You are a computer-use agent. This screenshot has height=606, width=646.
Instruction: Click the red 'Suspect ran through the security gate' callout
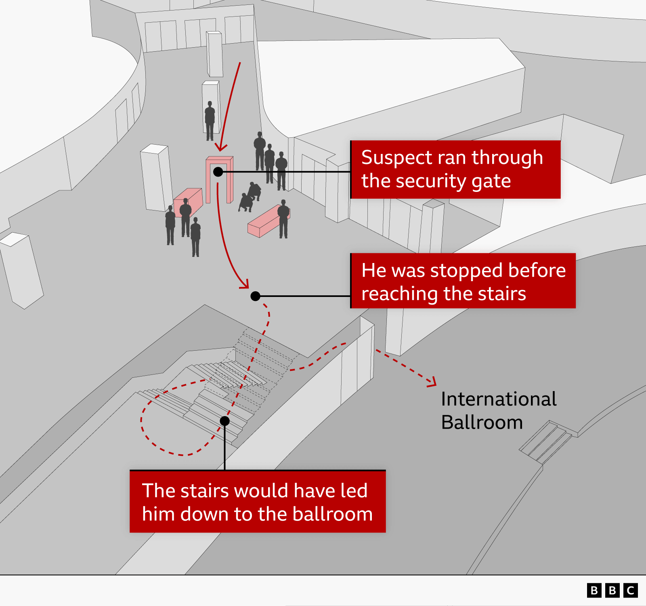tap(455, 169)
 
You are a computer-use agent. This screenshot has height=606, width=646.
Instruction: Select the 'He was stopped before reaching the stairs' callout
tap(463, 281)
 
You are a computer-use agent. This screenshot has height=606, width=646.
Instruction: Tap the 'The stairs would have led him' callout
tap(258, 501)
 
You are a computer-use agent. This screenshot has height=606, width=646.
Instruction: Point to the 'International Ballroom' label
tap(499, 410)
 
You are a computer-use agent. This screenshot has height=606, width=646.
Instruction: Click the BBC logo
tap(612, 590)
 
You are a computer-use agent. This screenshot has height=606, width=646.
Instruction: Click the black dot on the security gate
tap(218, 172)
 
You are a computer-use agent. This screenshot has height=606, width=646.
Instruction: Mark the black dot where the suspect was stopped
tap(255, 296)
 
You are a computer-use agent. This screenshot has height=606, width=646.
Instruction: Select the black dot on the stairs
tap(225, 421)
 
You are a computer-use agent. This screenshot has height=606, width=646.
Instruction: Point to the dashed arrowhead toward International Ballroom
tap(432, 382)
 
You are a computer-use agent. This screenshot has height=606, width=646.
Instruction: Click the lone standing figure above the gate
tap(210, 121)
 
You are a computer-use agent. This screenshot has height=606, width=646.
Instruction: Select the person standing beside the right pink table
tap(283, 219)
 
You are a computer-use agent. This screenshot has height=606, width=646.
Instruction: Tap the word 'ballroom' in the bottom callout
tap(332, 514)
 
